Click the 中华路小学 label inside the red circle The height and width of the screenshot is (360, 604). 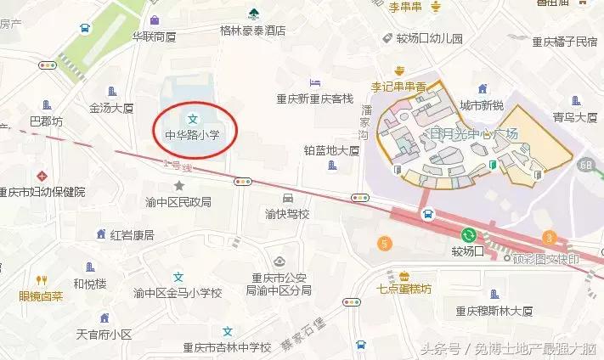coord(193,133)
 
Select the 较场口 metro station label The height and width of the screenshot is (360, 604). coord(467,251)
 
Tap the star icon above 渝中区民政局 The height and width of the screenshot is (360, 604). coord(178,185)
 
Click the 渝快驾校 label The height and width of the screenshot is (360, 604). coord(287,214)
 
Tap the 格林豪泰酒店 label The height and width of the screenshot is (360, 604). coord(253,30)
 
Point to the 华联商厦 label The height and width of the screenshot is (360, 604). coord(154,37)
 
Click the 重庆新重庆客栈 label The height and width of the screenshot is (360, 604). coord(313,98)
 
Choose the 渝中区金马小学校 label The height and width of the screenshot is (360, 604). coord(178,293)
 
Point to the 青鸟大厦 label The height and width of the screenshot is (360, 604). coord(574,118)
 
